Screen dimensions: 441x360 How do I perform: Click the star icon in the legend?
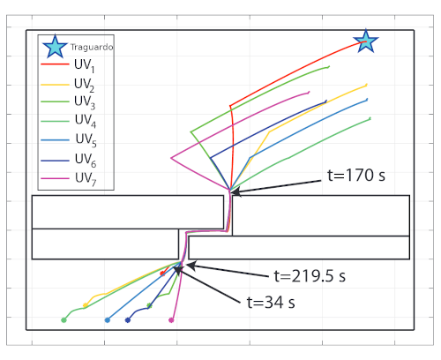[55, 47]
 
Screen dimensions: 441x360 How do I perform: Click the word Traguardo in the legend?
[92, 47]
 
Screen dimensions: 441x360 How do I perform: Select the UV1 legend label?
[85, 65]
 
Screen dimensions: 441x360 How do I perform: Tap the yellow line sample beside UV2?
[55, 85]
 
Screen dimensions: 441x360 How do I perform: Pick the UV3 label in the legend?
[85, 102]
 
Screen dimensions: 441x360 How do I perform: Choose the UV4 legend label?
[86, 121]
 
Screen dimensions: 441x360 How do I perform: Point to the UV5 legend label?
[86, 139]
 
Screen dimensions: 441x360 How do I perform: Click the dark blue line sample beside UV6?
[55, 161]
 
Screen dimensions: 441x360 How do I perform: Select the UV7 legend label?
[86, 179]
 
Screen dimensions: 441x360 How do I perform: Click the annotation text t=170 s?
[356, 176]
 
